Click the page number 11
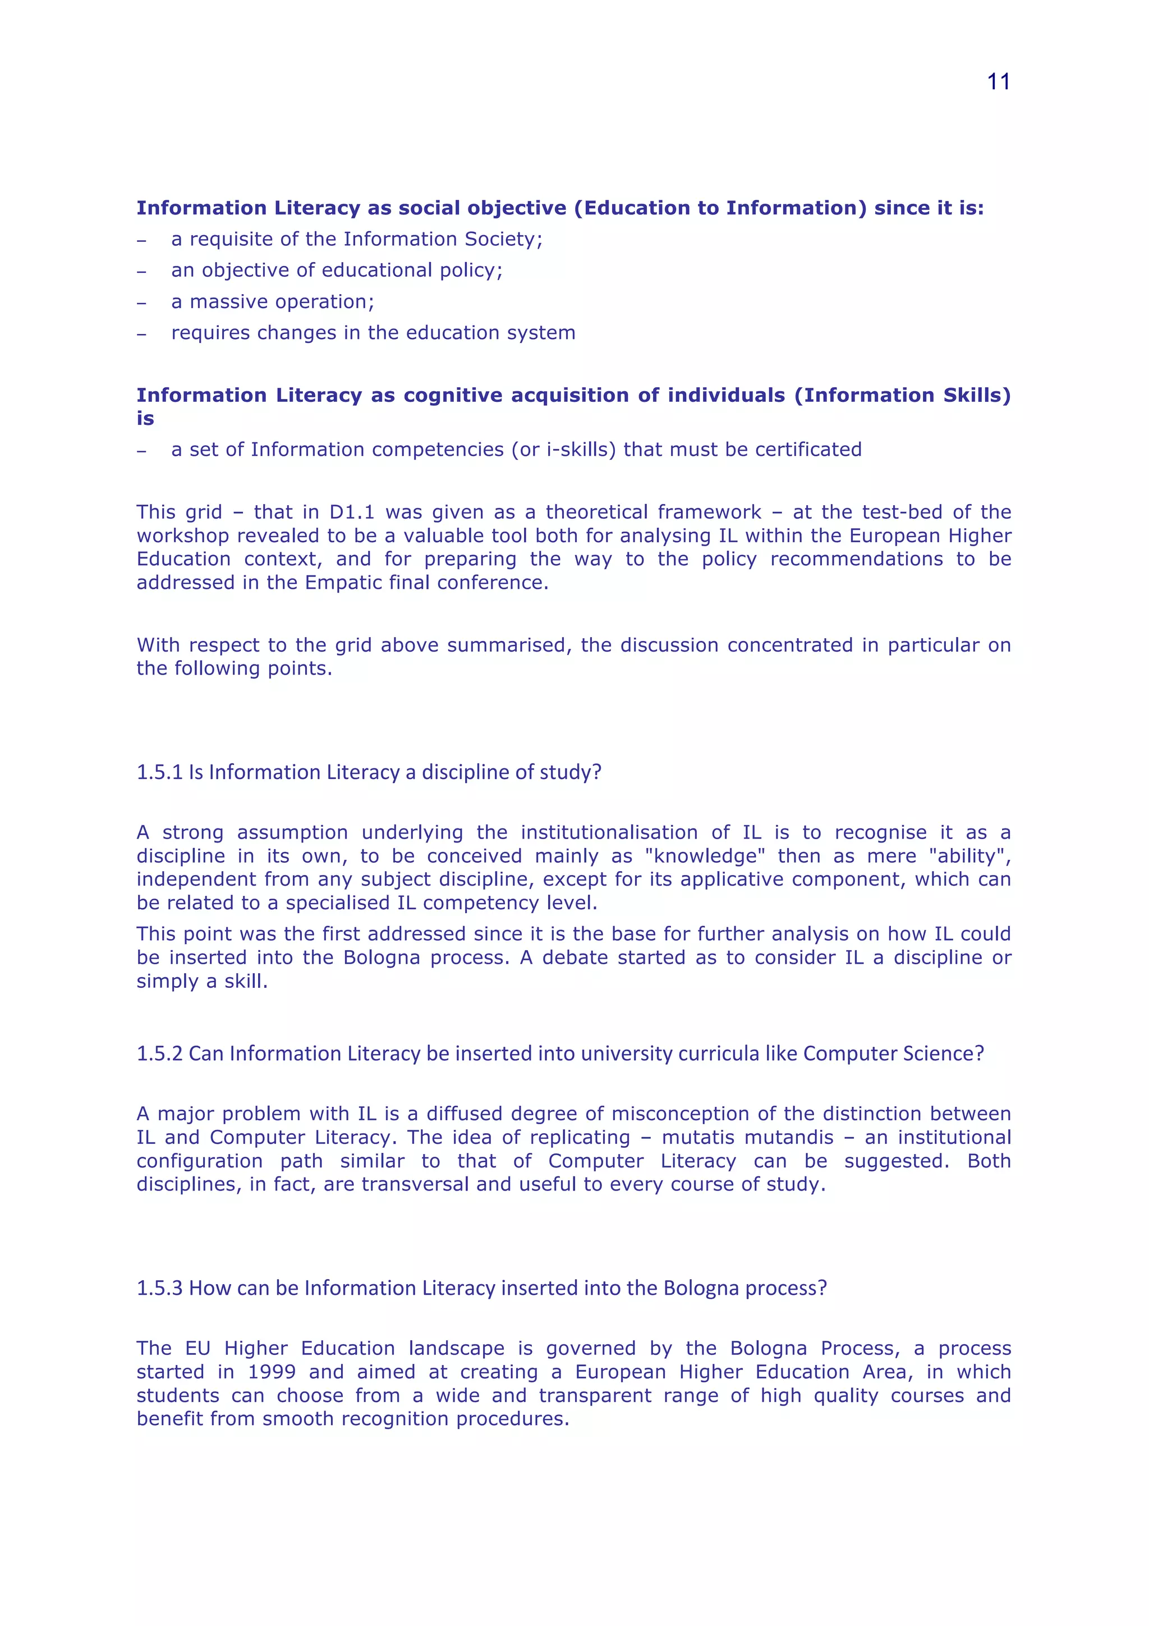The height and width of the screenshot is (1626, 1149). click(x=998, y=82)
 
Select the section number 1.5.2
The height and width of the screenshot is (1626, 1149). click(x=159, y=1054)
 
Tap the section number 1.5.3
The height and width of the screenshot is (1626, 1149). click(x=159, y=1288)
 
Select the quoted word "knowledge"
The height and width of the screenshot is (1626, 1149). click(x=705, y=856)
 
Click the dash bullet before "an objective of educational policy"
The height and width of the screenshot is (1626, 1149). click(x=141, y=271)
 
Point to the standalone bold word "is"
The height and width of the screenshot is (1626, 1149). click(x=145, y=419)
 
